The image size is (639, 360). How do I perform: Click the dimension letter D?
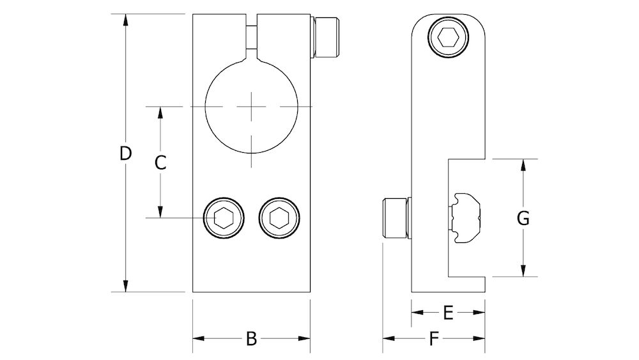pyautogui.click(x=126, y=153)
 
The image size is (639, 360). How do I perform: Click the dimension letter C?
pyautogui.click(x=161, y=162)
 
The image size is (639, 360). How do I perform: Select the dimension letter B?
pyautogui.click(x=251, y=339)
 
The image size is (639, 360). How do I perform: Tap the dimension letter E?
pyautogui.click(x=448, y=312)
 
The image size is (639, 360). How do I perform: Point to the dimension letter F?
pyautogui.click(x=435, y=339)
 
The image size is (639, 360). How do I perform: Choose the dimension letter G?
pyautogui.click(x=523, y=218)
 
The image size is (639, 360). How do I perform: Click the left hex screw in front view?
pyautogui.click(x=223, y=218)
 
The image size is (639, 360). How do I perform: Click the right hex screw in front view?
pyautogui.click(x=279, y=218)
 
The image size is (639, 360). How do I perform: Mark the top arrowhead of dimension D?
pyautogui.click(x=126, y=19)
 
